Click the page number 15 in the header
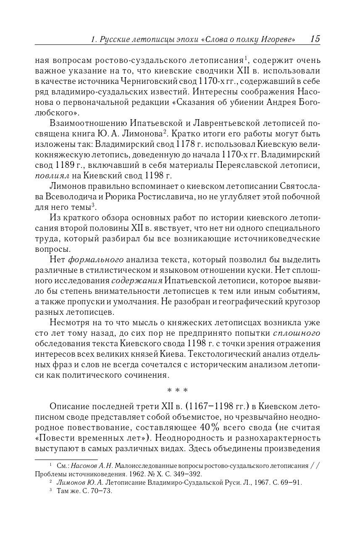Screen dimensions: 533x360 point(315,39)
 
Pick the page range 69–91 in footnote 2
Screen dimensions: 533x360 point(292,483)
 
